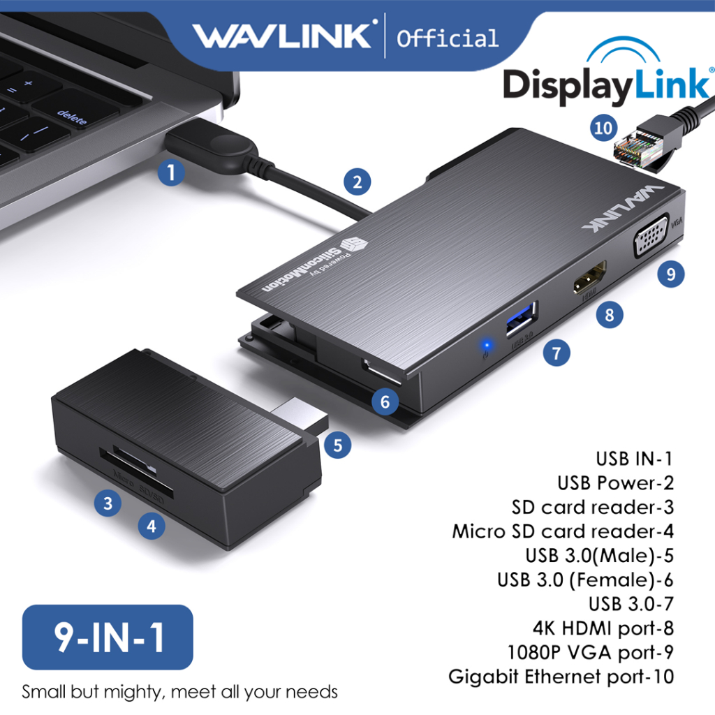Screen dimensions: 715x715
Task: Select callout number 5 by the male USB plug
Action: (x=337, y=445)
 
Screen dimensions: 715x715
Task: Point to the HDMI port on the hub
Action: (x=588, y=281)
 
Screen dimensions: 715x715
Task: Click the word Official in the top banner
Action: (x=448, y=37)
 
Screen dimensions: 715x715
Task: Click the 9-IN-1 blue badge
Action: (x=108, y=637)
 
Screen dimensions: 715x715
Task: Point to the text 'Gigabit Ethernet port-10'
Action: (x=561, y=677)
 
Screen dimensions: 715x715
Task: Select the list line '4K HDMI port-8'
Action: (x=603, y=628)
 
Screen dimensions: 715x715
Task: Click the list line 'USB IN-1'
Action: (x=634, y=459)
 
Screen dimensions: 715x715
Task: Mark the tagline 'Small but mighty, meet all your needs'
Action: (x=180, y=692)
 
